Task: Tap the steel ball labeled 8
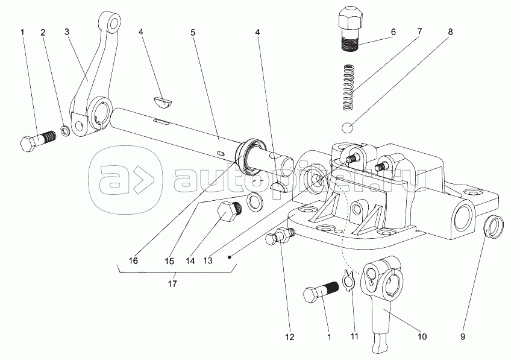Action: (348, 128)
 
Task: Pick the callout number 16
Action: (133, 261)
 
